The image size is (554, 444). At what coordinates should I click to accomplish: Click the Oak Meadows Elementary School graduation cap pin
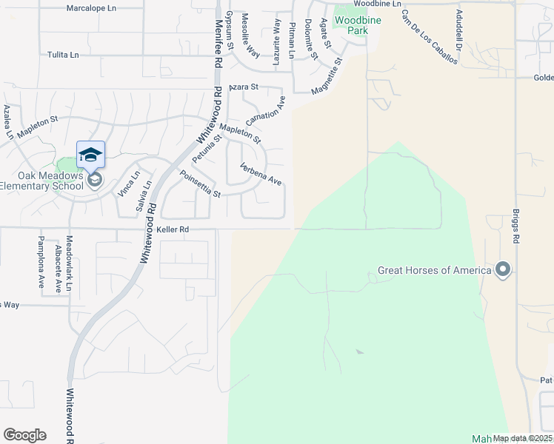click(x=90, y=155)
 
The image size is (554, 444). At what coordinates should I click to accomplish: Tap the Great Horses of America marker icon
click(x=504, y=269)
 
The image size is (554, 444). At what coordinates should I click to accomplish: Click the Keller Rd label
click(x=174, y=230)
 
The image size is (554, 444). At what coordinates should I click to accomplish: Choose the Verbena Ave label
click(x=261, y=175)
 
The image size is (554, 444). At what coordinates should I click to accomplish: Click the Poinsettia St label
click(x=200, y=184)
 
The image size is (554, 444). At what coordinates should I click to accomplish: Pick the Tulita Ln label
click(x=63, y=55)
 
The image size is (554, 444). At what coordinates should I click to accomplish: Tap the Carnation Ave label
click(x=265, y=112)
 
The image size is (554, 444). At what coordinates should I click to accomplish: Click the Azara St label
click(x=243, y=87)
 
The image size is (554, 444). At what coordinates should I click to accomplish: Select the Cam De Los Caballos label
click(x=430, y=37)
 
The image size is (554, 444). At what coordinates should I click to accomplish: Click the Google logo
click(x=24, y=435)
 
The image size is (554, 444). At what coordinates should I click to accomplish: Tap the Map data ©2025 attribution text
click(x=523, y=439)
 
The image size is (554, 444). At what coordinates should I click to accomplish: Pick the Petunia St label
click(x=207, y=149)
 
